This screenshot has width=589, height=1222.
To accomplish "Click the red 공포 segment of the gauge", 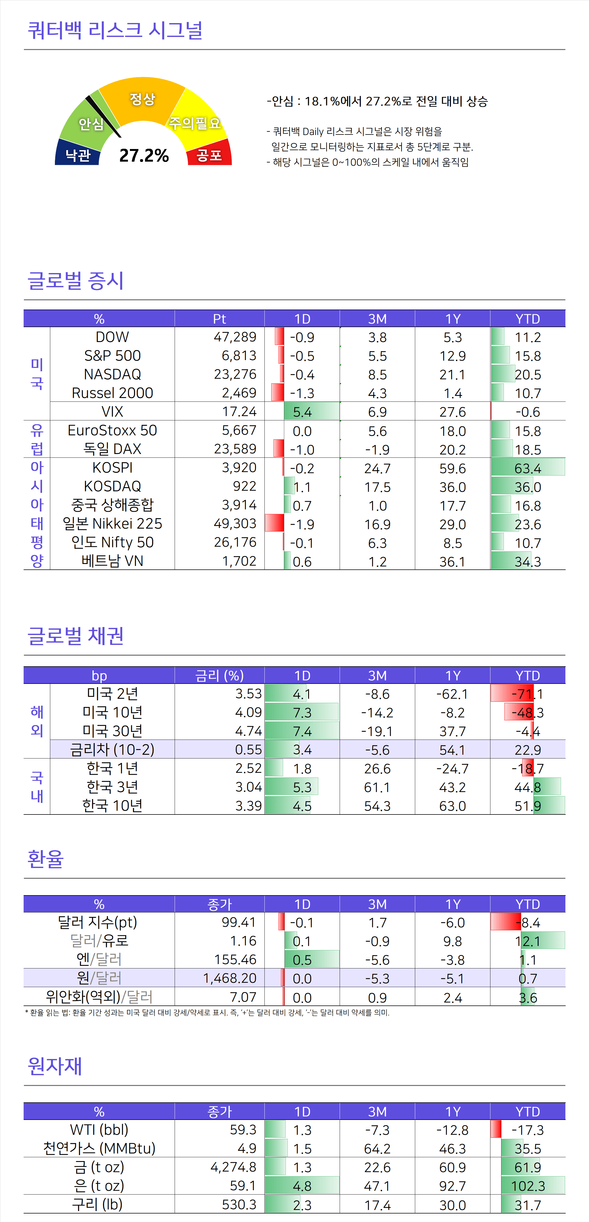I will click(x=209, y=154).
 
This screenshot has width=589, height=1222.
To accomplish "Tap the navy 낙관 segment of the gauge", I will click(x=77, y=154).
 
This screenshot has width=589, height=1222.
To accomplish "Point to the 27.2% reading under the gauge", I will click(x=144, y=155).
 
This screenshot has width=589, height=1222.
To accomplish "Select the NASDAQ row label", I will click(x=113, y=374).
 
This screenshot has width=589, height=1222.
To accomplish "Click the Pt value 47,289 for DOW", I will click(x=235, y=337).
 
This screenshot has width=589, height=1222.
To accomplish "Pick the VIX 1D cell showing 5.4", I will click(x=302, y=412).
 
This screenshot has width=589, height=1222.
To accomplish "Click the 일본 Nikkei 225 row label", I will click(x=113, y=524).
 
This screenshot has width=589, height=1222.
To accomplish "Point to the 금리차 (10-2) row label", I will click(x=113, y=749).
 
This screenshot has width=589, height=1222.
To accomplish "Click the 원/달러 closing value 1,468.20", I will click(x=230, y=978).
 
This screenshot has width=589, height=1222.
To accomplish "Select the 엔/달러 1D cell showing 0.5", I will click(x=302, y=960).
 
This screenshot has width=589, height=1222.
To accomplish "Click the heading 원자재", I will click(x=55, y=1066).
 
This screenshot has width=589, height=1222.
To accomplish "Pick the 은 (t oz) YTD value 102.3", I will click(x=528, y=1186).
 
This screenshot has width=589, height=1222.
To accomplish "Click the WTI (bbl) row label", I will click(x=99, y=1130).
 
